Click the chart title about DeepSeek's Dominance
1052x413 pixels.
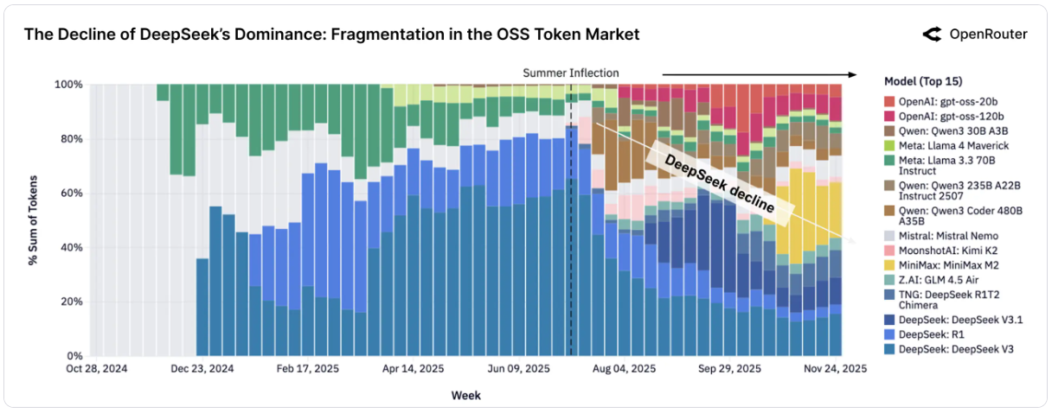[x=331, y=35]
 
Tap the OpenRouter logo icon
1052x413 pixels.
[x=932, y=35]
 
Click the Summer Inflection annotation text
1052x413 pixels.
[x=570, y=73]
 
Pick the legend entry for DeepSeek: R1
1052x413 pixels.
[x=927, y=334]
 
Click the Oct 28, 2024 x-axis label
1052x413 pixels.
[x=96, y=369]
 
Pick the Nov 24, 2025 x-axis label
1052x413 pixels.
[x=834, y=369]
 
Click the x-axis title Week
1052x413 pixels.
[x=465, y=396]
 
